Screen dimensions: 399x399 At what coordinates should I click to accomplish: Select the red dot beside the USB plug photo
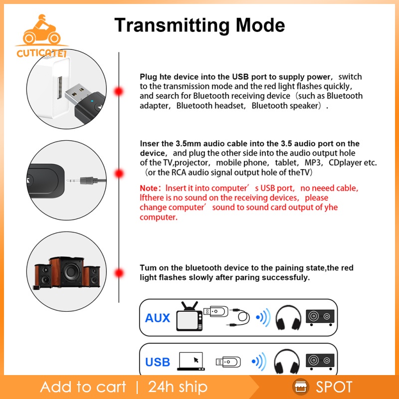point(119,91)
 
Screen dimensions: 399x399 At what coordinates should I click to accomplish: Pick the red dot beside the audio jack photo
point(119,174)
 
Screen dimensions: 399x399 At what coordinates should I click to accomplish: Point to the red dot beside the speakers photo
point(119,273)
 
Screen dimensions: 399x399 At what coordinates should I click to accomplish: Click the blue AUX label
point(158,318)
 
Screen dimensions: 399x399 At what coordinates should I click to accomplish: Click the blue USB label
point(158,362)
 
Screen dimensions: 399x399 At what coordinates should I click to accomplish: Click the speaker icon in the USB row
point(320,361)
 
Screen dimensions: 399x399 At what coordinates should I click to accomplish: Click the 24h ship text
point(178,387)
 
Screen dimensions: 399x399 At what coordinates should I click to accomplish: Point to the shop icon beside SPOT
point(301,387)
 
